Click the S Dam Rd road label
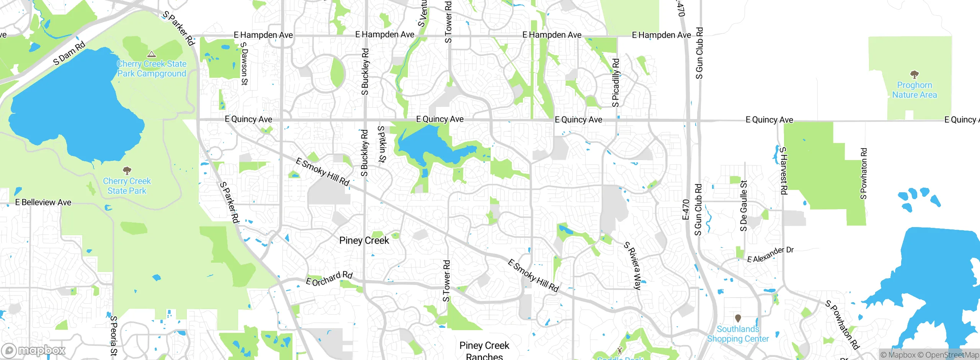[69, 53]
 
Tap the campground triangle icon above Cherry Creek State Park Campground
[152, 54]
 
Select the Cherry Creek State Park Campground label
[152, 69]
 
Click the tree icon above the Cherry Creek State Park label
[127, 170]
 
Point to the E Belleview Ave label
[43, 202]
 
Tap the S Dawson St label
[244, 63]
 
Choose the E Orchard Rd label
[329, 278]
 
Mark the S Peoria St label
[113, 336]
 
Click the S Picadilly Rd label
[616, 82]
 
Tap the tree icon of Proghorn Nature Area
[915, 74]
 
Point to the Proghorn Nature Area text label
[915, 90]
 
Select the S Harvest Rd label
[784, 170]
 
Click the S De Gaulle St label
[743, 206]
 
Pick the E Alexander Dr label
[770, 254]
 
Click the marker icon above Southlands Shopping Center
[738, 318]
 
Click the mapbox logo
[34, 350]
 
